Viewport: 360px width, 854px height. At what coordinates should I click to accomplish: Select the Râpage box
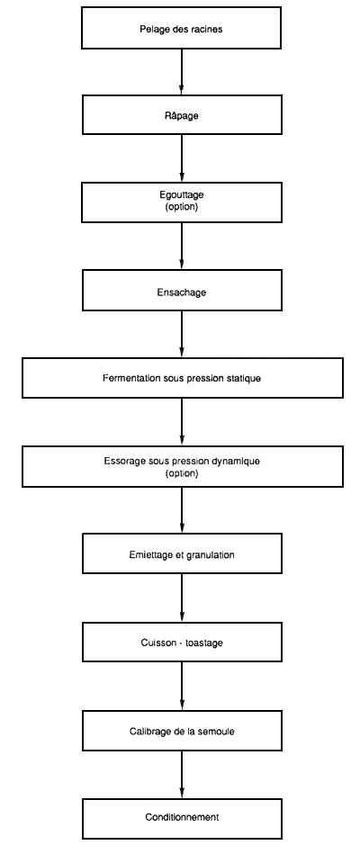click(x=182, y=115)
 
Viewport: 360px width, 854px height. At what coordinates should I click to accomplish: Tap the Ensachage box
click(x=182, y=292)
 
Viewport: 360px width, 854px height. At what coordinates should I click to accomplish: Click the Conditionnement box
click(x=182, y=817)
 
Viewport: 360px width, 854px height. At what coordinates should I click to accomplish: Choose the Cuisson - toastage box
click(x=182, y=642)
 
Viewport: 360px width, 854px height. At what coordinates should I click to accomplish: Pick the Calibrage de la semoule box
click(x=182, y=730)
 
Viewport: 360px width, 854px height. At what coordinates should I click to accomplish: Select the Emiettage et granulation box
click(x=182, y=554)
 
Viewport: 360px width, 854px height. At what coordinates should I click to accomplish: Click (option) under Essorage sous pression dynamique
click(x=182, y=473)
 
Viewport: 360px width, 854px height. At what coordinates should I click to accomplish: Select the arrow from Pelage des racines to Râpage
click(x=182, y=71)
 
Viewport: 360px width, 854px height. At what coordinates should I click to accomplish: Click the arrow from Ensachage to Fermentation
click(x=182, y=335)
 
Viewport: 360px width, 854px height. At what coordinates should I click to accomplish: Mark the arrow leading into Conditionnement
click(x=182, y=773)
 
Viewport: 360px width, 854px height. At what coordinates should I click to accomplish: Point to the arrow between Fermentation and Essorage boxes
click(x=182, y=421)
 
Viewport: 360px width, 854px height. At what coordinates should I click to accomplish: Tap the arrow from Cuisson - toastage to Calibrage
click(x=182, y=686)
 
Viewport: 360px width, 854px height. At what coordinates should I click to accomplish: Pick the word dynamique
click(x=236, y=461)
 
